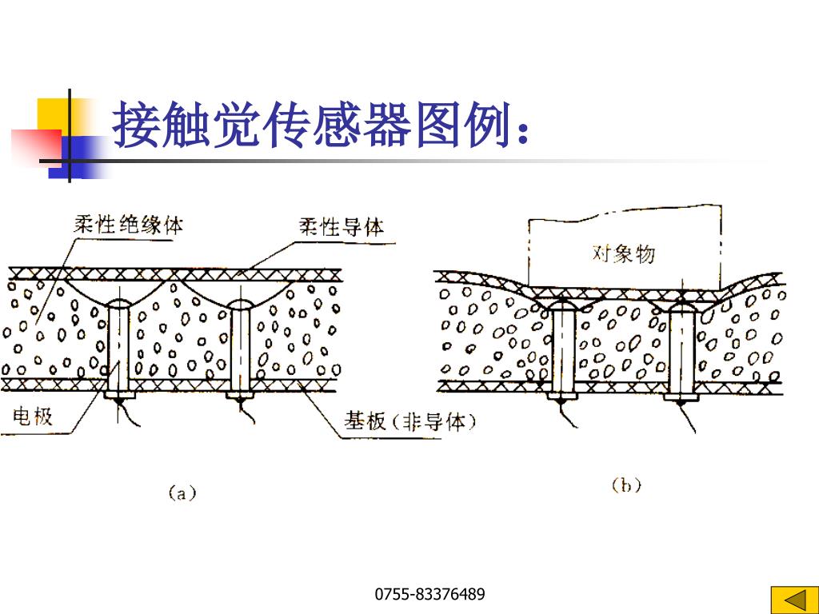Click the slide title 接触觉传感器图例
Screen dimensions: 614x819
click(x=320, y=126)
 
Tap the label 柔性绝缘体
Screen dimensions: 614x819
click(x=128, y=225)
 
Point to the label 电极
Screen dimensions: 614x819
click(x=33, y=415)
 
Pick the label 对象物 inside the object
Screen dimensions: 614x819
click(x=623, y=253)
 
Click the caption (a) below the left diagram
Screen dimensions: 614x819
click(x=182, y=492)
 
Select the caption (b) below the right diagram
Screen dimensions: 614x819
click(x=626, y=484)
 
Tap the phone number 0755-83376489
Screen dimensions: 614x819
click(x=430, y=594)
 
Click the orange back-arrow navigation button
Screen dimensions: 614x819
click(x=791, y=600)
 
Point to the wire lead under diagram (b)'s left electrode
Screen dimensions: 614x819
click(x=563, y=416)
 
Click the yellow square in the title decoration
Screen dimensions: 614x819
click(x=53, y=113)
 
